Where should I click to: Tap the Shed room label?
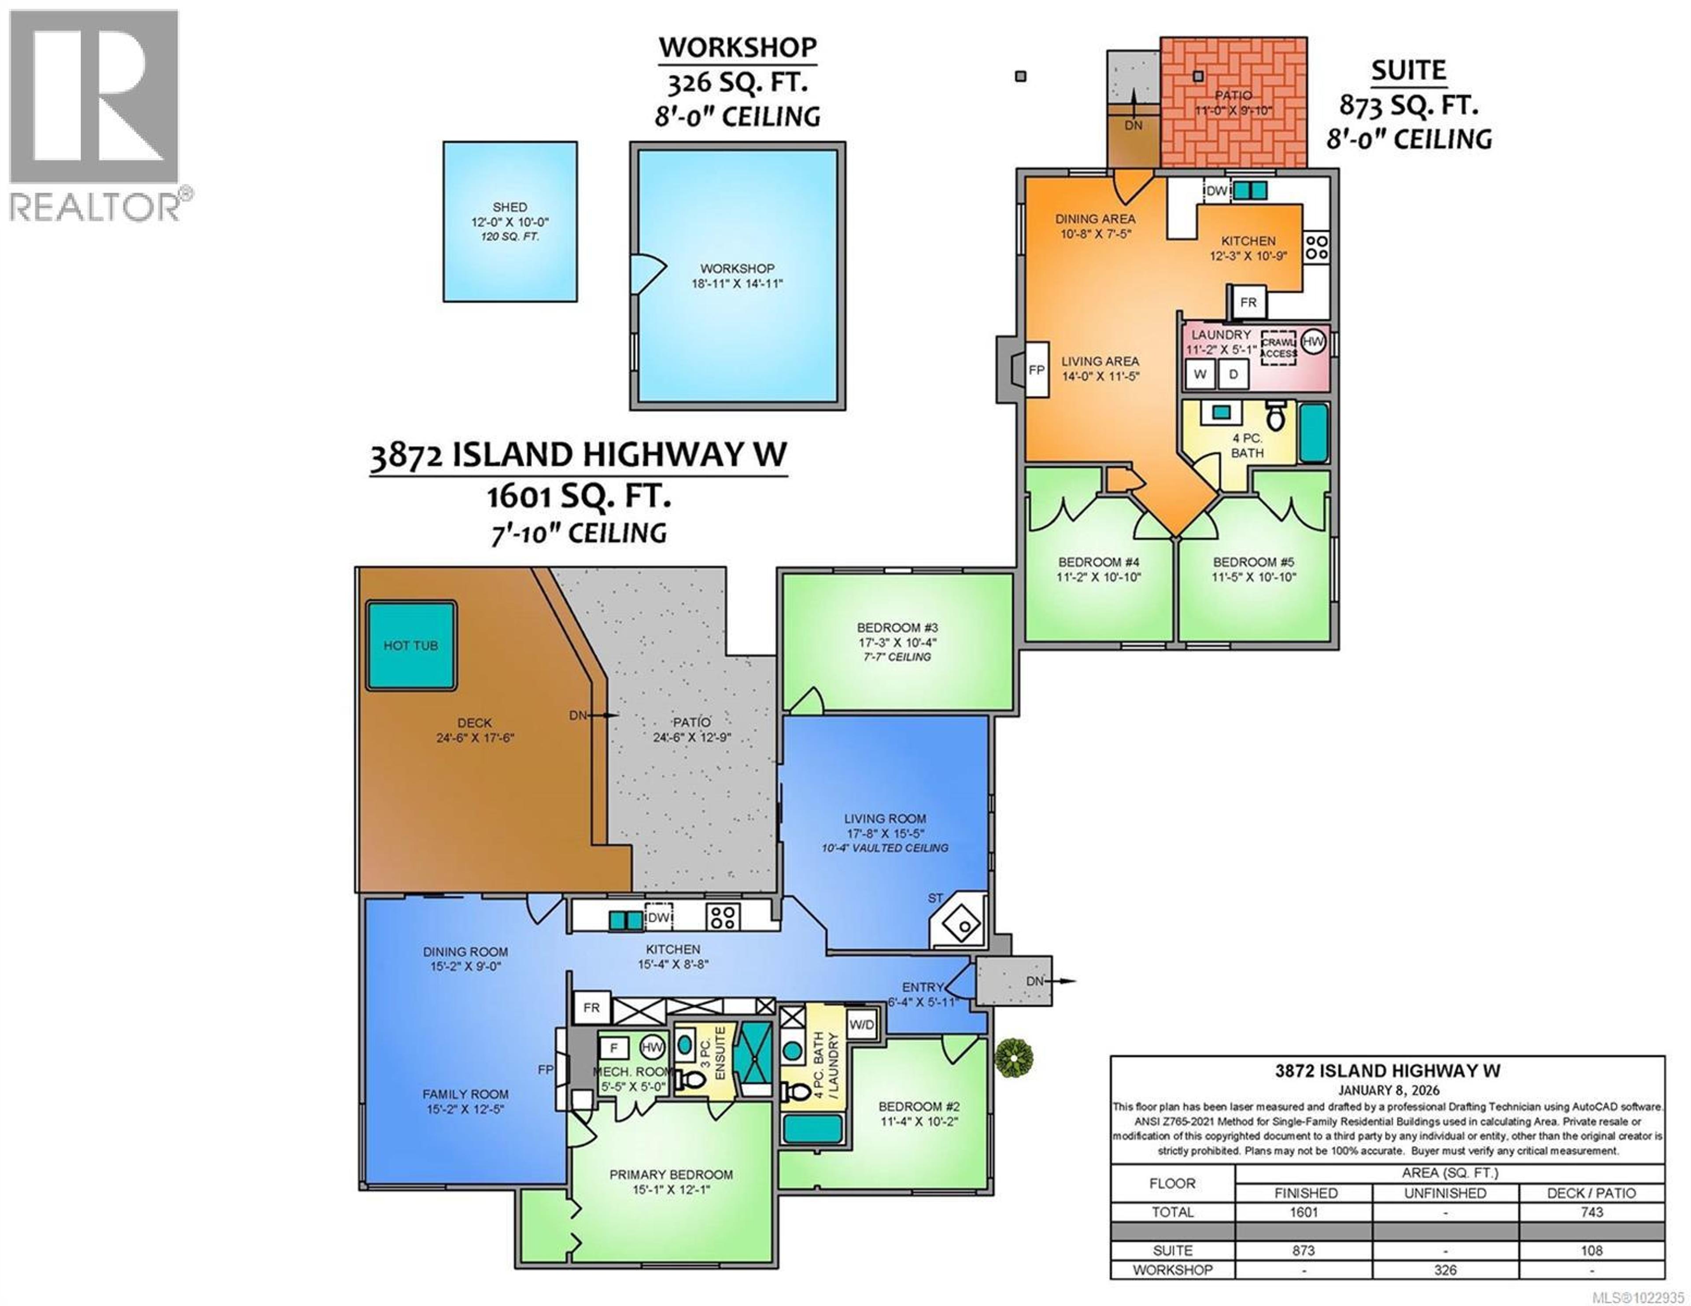tap(510, 207)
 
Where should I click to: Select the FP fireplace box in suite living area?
tap(1037, 370)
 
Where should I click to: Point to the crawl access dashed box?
tap(1278, 348)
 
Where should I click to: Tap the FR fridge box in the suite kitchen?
tap(1248, 302)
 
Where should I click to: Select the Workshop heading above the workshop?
tap(737, 48)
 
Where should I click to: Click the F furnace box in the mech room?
tap(614, 1048)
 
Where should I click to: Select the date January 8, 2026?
tap(1388, 1090)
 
